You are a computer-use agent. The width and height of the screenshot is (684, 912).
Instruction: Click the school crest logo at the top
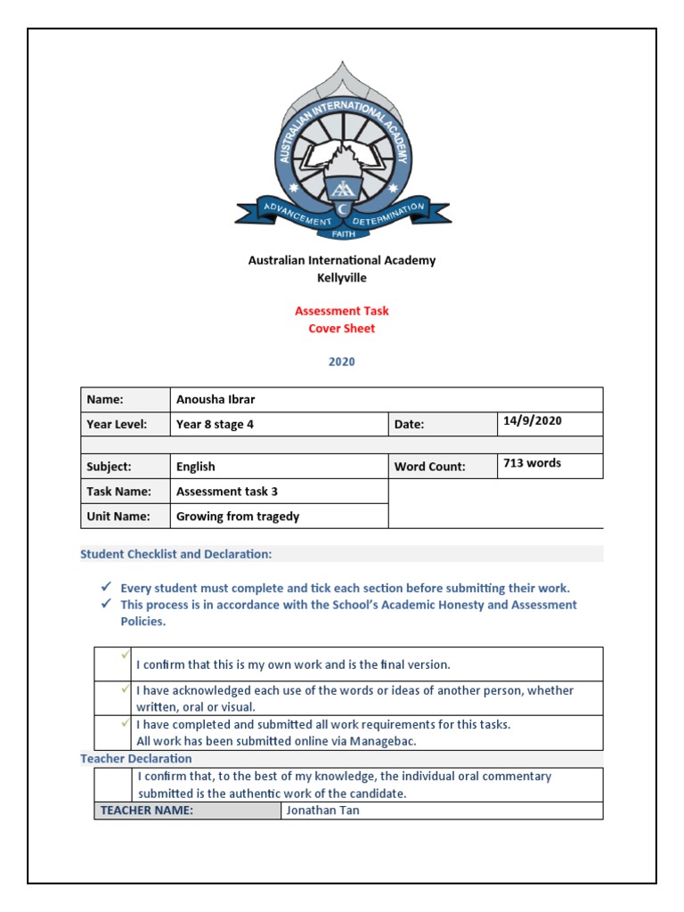click(x=342, y=151)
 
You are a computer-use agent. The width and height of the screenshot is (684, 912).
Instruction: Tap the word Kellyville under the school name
click(x=342, y=278)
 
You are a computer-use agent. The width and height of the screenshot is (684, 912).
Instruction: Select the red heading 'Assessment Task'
click(x=342, y=311)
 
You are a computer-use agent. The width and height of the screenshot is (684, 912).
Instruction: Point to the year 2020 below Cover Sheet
click(x=342, y=362)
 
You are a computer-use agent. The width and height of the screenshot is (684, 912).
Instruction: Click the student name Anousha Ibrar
click(x=216, y=400)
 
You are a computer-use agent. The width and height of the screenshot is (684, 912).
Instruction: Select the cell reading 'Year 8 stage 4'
click(x=216, y=425)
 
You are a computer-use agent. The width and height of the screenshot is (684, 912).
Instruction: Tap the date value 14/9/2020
click(x=533, y=421)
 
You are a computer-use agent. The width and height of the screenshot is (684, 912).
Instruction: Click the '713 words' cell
click(x=533, y=463)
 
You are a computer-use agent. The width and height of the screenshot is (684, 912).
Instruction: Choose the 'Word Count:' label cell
click(x=430, y=467)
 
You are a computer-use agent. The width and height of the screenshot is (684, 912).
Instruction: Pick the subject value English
click(x=196, y=467)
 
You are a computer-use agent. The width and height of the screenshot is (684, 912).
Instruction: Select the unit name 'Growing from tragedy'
click(x=238, y=517)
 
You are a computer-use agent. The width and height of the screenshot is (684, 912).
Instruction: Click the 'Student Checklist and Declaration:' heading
click(x=176, y=554)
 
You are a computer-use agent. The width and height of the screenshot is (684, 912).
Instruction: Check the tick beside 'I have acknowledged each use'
click(x=126, y=689)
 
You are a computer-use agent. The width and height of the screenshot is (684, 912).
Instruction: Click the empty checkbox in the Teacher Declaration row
click(x=114, y=785)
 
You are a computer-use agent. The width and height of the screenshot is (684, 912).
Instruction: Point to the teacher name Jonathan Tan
click(x=322, y=810)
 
